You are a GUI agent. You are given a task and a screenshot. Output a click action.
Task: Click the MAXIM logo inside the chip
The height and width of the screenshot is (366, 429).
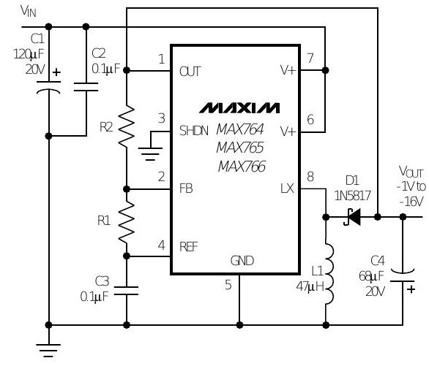click(x=239, y=108)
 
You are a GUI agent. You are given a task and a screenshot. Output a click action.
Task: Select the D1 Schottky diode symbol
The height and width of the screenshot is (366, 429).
click(x=352, y=217)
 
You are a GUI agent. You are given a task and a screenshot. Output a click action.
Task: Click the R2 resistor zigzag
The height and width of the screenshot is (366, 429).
click(x=127, y=126)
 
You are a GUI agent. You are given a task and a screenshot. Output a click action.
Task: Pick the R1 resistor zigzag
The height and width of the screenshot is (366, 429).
click(x=127, y=221)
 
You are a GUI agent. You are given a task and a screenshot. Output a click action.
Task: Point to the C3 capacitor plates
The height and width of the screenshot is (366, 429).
click(x=126, y=291)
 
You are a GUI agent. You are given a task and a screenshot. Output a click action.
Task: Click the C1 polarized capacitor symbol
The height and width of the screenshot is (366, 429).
click(x=49, y=86)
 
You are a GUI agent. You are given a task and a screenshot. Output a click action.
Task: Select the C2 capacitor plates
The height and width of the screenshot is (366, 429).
click(x=86, y=87)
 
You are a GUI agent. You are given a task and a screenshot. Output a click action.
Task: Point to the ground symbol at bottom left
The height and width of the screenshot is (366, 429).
click(x=48, y=350)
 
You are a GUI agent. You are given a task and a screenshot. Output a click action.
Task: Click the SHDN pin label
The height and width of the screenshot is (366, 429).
click(x=194, y=131)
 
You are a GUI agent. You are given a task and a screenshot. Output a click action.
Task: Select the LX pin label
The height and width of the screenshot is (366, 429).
click(x=287, y=188)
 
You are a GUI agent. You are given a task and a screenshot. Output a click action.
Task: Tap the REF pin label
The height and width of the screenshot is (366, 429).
click(x=188, y=247)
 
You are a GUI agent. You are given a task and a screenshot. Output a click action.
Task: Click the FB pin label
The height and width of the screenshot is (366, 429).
click(x=186, y=188)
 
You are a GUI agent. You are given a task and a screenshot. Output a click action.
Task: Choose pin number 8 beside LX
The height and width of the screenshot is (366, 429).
click(x=310, y=177)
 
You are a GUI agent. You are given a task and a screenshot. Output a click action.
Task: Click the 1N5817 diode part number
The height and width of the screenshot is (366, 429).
click(x=353, y=196)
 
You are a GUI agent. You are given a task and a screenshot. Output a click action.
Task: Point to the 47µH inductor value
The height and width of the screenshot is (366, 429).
click(x=310, y=286)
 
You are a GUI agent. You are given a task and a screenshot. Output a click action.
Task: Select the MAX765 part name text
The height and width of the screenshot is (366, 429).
click(x=240, y=148)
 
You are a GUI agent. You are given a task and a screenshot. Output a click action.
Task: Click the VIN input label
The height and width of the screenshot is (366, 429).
click(x=28, y=11)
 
